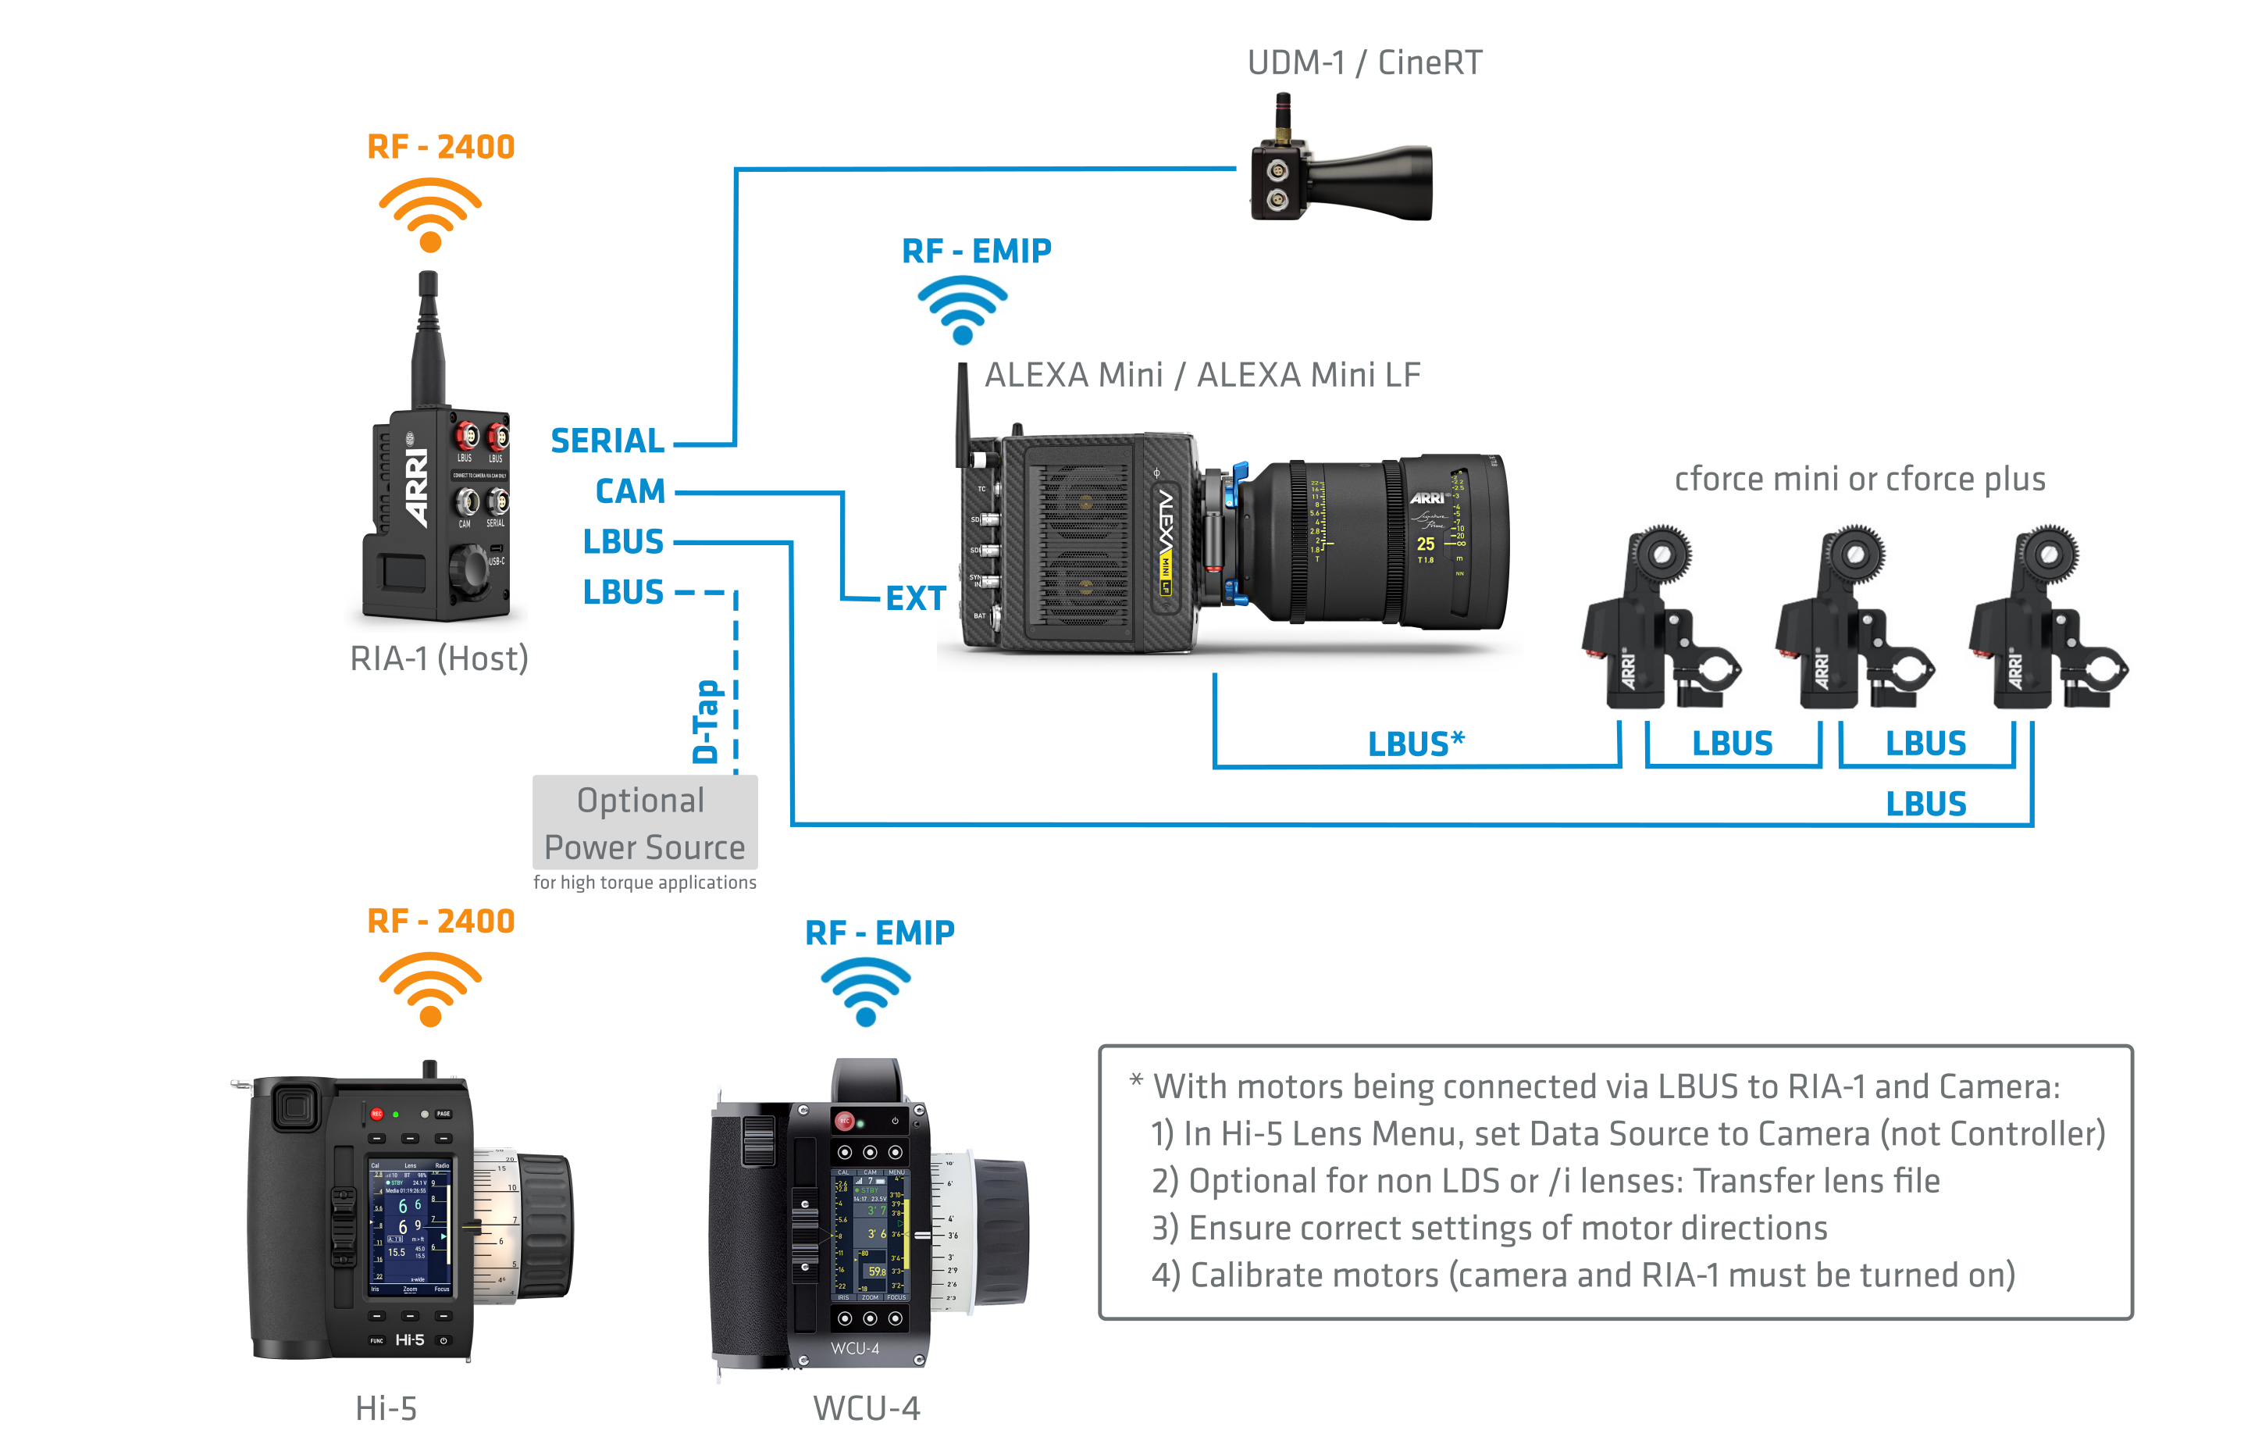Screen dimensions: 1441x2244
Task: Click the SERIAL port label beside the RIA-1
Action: pyautogui.click(x=607, y=441)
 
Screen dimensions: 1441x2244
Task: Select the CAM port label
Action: pyautogui.click(x=629, y=491)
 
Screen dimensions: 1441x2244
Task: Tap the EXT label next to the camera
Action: pyautogui.click(x=916, y=599)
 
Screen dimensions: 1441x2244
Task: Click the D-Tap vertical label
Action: pyautogui.click(x=706, y=722)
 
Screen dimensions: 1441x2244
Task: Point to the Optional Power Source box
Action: pyautogui.click(x=644, y=823)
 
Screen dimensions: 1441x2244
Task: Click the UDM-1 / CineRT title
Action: pyautogui.click(x=1365, y=62)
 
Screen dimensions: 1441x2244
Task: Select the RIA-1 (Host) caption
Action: pyautogui.click(x=439, y=658)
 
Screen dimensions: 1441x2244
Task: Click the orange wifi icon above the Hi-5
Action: pyautogui.click(x=430, y=989)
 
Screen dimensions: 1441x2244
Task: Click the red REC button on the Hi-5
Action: pyautogui.click(x=377, y=1114)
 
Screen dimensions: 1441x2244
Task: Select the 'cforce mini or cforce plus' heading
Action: pyautogui.click(x=1860, y=479)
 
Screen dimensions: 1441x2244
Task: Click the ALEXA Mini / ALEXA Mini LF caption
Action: pyautogui.click(x=1202, y=375)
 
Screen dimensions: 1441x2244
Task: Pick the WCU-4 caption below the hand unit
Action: pyautogui.click(x=866, y=1408)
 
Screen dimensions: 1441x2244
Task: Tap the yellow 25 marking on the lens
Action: pyautogui.click(x=1425, y=544)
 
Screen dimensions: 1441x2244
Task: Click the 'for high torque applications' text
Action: pyautogui.click(x=644, y=883)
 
